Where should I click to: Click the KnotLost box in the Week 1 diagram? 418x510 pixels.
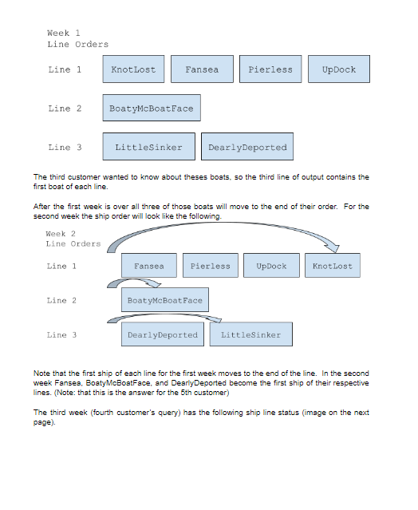click(134, 69)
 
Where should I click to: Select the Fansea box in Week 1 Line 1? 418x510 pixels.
click(202, 69)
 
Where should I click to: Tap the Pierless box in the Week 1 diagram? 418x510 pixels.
click(270, 69)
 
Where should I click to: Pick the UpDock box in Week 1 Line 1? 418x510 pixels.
click(339, 69)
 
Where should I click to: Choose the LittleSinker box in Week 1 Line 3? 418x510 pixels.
click(148, 147)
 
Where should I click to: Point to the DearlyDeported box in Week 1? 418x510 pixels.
click(247, 147)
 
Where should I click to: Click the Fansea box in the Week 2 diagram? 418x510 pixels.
click(149, 266)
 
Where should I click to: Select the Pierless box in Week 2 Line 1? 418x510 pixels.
click(211, 266)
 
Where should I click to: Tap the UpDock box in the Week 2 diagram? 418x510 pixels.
click(272, 266)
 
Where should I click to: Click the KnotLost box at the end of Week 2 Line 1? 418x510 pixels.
click(333, 266)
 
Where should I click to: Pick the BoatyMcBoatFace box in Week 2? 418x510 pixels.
click(165, 300)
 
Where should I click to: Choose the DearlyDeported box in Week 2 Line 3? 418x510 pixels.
click(163, 334)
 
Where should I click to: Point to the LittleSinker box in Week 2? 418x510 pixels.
click(251, 334)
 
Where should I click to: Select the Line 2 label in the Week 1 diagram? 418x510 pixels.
click(65, 109)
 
